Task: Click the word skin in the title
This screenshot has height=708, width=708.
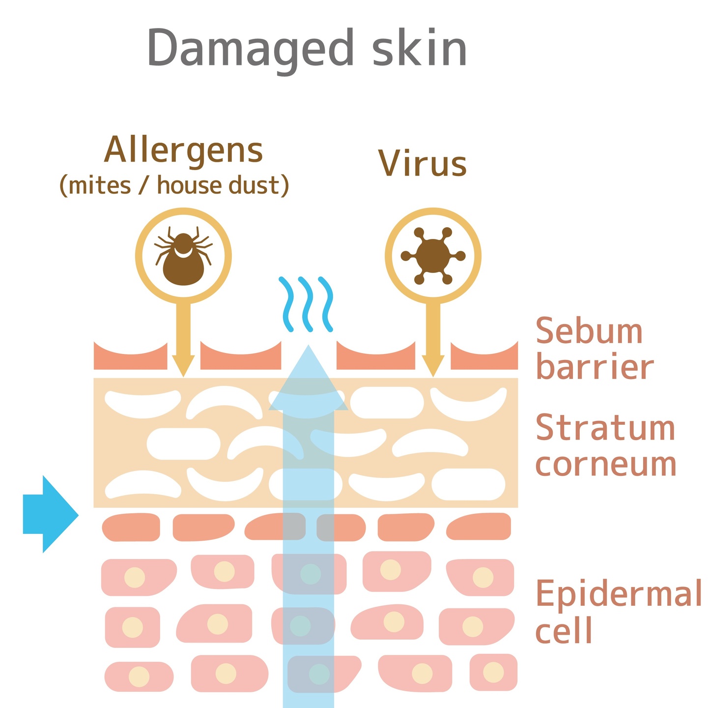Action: click(419, 48)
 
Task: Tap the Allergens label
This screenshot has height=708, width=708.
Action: click(184, 150)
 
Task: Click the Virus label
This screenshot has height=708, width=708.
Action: click(422, 163)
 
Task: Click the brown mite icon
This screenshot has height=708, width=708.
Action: click(183, 257)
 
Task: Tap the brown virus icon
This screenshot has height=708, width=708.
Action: click(433, 256)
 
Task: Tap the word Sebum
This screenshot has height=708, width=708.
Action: click(589, 331)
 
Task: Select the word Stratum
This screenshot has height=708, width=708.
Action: click(605, 428)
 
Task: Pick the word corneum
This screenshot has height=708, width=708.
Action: click(606, 464)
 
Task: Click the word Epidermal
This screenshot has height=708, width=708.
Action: click(618, 594)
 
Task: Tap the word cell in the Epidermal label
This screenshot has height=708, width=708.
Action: click(564, 630)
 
